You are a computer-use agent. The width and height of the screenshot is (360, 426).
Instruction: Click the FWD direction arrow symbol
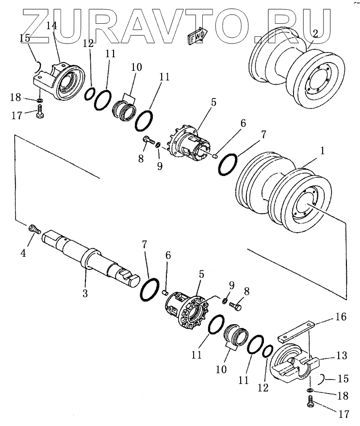click(196, 37)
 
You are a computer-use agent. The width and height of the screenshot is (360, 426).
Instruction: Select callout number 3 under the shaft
click(85, 294)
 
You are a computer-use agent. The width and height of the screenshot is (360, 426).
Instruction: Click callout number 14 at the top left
click(51, 26)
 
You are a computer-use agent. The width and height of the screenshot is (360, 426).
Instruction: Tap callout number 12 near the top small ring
click(88, 43)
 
